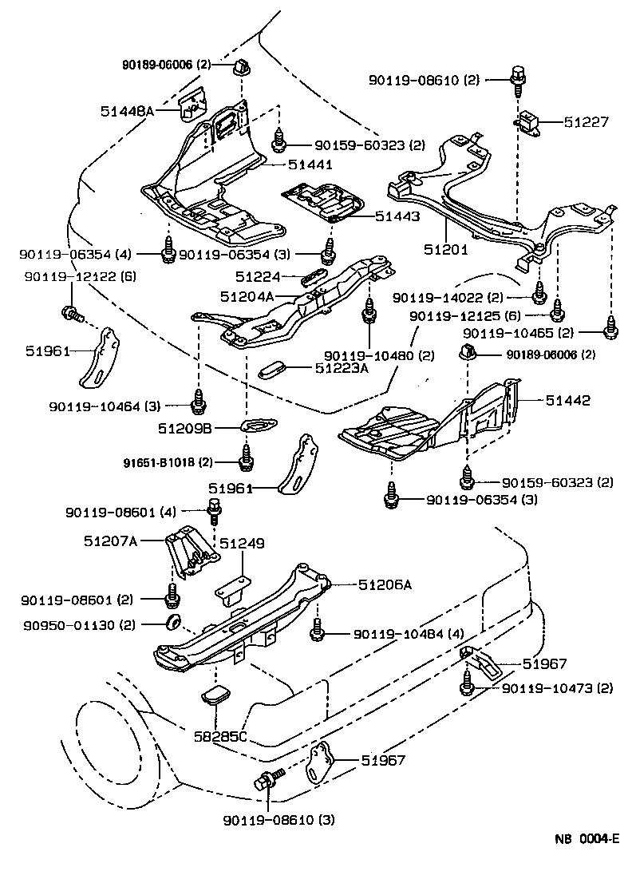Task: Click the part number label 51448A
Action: click(127, 112)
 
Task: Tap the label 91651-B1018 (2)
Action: click(168, 462)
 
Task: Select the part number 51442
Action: click(568, 400)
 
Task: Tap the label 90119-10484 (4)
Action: click(408, 635)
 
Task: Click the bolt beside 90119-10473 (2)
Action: click(467, 683)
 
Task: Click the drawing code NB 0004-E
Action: click(587, 838)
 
